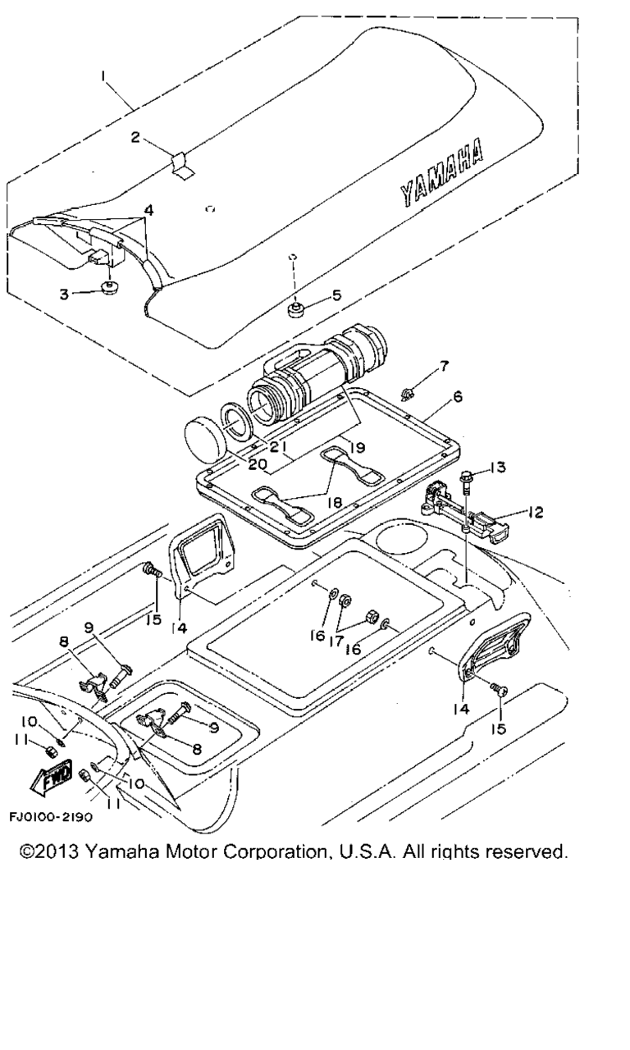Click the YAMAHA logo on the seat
click(441, 174)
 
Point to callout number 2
click(135, 137)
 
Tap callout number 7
click(444, 366)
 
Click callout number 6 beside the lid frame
click(458, 396)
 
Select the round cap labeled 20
click(206, 435)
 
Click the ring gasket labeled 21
click(239, 418)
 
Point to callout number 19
click(357, 448)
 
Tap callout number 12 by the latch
click(534, 513)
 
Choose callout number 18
click(335, 503)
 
